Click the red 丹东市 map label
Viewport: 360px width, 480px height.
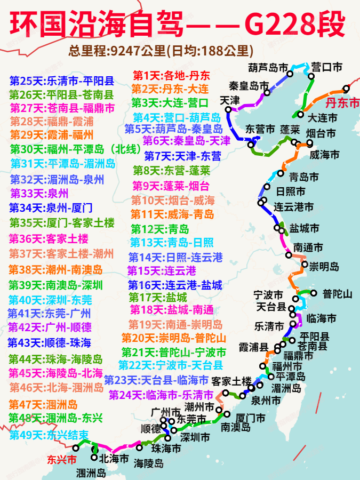(x=342, y=103)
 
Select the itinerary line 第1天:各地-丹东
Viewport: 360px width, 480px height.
(x=171, y=75)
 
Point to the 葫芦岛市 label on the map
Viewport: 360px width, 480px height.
(x=268, y=68)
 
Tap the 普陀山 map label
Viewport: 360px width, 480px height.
(x=338, y=294)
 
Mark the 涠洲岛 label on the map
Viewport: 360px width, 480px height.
(x=91, y=473)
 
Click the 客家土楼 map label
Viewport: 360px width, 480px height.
(x=231, y=381)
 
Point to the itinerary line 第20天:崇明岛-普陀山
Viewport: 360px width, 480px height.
(x=174, y=338)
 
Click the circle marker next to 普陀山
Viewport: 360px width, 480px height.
(x=313, y=293)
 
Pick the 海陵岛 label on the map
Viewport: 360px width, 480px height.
(x=148, y=462)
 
